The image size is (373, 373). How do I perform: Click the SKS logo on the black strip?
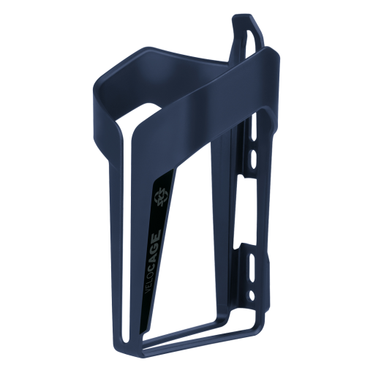point(160,195)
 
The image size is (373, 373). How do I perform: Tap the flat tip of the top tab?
point(244,17)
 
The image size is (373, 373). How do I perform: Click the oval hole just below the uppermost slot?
point(254,158)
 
